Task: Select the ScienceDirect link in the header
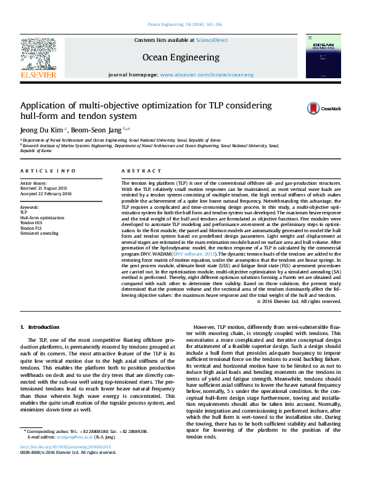[211, 40]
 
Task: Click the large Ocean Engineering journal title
[181, 57]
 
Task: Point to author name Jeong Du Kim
[41, 129]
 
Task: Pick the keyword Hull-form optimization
[42, 218]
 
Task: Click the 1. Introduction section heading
[40, 327]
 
